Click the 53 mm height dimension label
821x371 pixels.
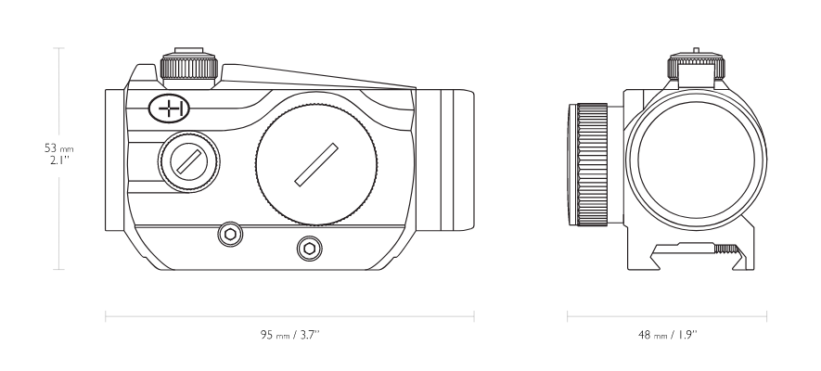[58, 148]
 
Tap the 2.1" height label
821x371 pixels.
[59, 160]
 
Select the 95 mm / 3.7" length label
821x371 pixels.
[290, 335]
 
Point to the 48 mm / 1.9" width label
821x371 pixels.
[668, 335]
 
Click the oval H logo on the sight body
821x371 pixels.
[169, 109]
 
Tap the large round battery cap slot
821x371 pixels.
[316, 165]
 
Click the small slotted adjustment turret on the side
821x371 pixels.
[189, 161]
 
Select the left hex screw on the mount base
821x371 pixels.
[230, 235]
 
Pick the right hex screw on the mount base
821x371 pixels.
[310, 249]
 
